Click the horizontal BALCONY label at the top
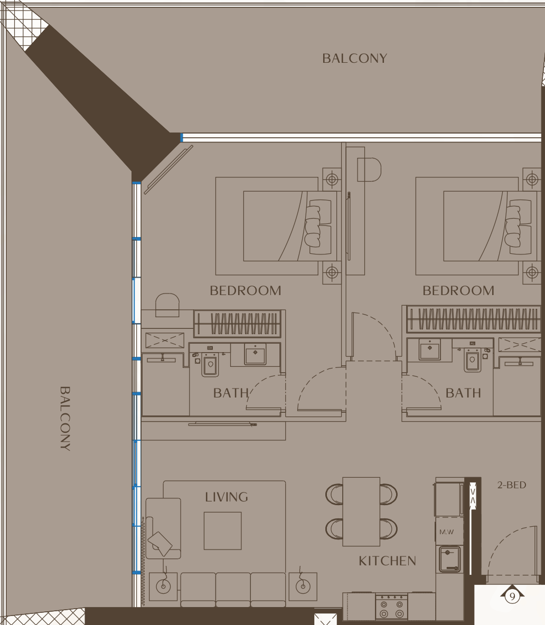pyautogui.click(x=354, y=59)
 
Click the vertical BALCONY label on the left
pyautogui.click(x=65, y=418)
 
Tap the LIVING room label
pyautogui.click(x=227, y=497)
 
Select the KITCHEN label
pyautogui.click(x=387, y=561)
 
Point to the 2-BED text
pyautogui.click(x=512, y=485)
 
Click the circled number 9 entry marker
pyautogui.click(x=512, y=596)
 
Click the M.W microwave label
pyautogui.click(x=447, y=532)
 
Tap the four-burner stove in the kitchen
pyautogui.click(x=391, y=607)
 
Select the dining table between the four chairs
pyautogui.click(x=361, y=512)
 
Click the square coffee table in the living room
pyautogui.click(x=222, y=531)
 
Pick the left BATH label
pyautogui.click(x=231, y=393)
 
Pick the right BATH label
pyautogui.click(x=463, y=393)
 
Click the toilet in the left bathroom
pyautogui.click(x=210, y=364)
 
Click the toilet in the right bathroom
pyautogui.click(x=473, y=360)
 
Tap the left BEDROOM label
pyautogui.click(x=245, y=290)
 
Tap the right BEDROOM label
pyautogui.click(x=458, y=290)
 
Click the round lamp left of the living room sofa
pyautogui.click(x=163, y=586)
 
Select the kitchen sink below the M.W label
pyautogui.click(x=450, y=559)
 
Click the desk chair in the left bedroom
pyautogui.click(x=167, y=305)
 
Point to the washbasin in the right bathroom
pyautogui.click(x=430, y=349)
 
